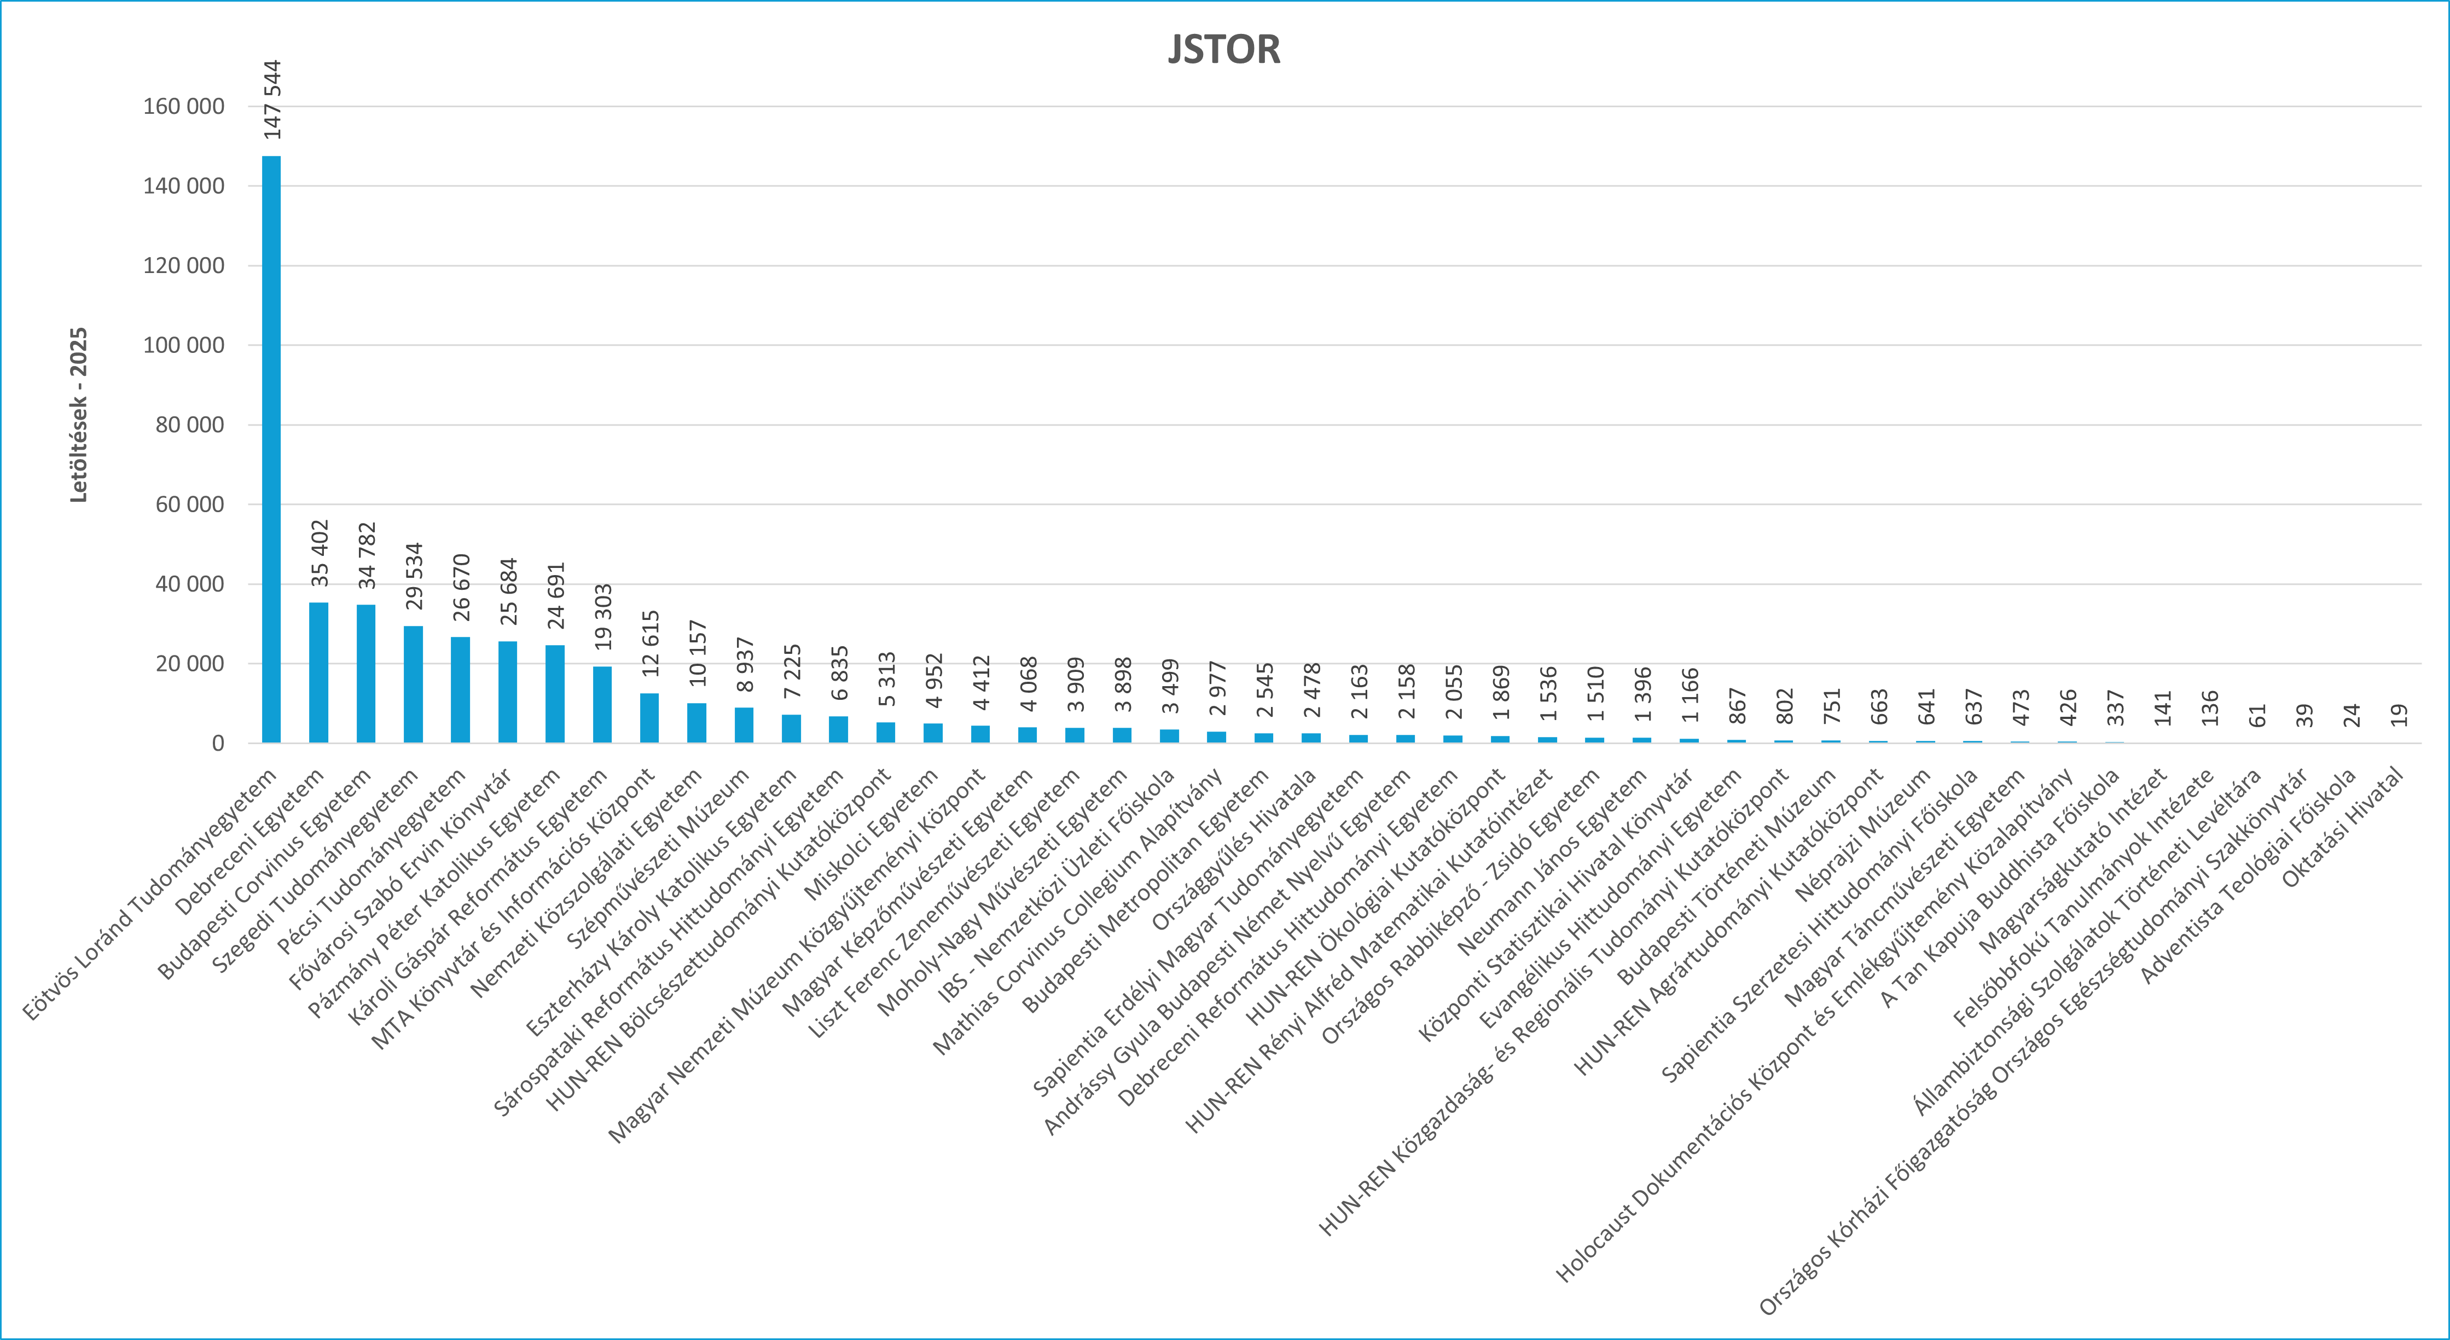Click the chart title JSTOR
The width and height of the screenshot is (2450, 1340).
click(x=1224, y=49)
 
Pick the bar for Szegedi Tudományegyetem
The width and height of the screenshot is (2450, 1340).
click(x=413, y=684)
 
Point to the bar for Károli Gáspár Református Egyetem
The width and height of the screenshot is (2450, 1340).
click(x=602, y=704)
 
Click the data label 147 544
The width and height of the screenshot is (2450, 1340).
click(x=272, y=100)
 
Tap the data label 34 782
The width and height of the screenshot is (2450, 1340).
click(x=366, y=555)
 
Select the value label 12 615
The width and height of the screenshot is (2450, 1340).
click(x=649, y=644)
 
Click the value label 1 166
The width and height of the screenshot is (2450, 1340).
click(x=1689, y=695)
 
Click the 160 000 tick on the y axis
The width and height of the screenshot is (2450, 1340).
click(x=184, y=107)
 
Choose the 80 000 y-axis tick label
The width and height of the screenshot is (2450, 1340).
click(x=189, y=425)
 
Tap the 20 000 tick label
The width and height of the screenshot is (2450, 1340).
click(x=189, y=664)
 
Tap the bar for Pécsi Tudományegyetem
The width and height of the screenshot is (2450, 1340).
click(x=460, y=689)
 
